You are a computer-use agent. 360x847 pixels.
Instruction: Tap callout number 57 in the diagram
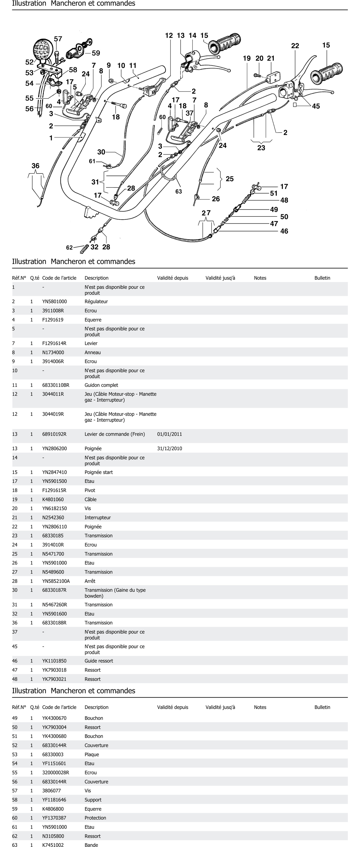58,39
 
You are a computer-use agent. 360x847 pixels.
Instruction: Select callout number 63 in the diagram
178,191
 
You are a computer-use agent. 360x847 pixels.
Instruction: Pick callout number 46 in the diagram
284,231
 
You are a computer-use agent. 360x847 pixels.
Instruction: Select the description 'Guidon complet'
101,385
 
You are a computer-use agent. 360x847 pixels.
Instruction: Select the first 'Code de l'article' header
59,278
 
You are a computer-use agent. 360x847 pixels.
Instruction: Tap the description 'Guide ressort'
99,661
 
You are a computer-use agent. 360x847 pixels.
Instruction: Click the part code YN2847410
55,472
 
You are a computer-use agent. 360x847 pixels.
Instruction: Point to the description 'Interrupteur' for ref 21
98,518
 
